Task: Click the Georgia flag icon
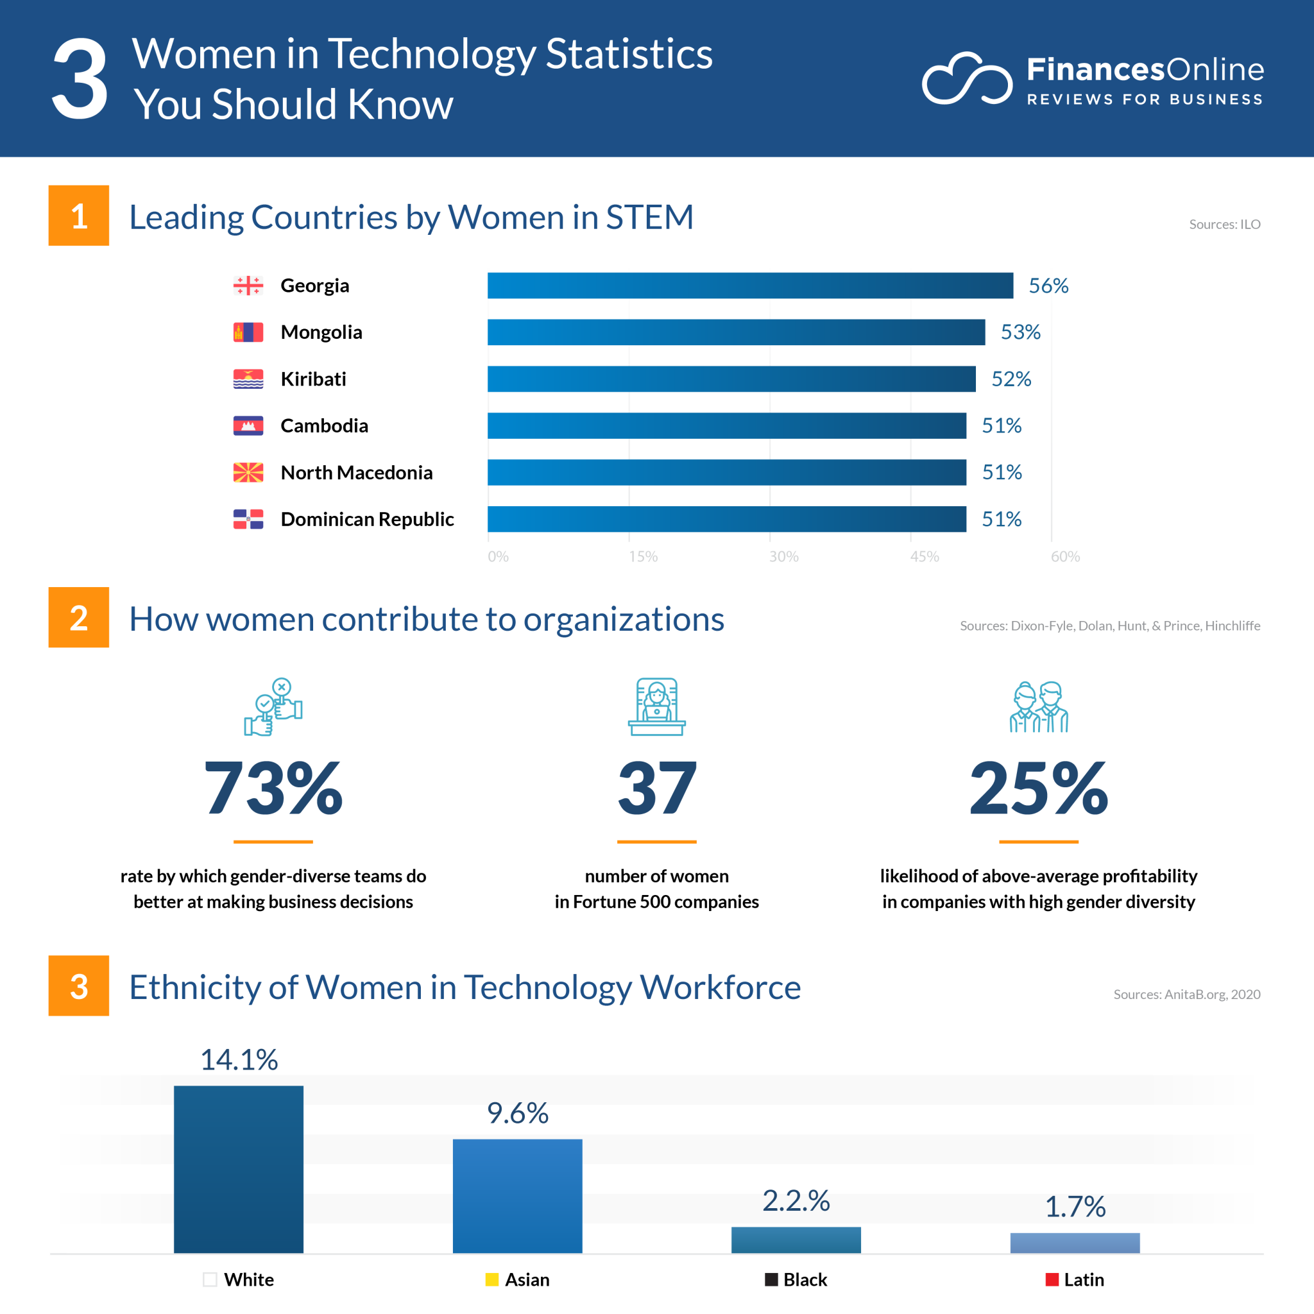pyautogui.click(x=248, y=286)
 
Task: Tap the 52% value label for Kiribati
pyautogui.click(x=1011, y=379)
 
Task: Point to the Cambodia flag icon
pyautogui.click(x=248, y=426)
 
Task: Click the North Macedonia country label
pyautogui.click(x=356, y=473)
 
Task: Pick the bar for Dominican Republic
pyautogui.click(x=726, y=519)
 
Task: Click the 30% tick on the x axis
pyautogui.click(x=783, y=556)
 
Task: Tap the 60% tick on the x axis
pyautogui.click(x=1065, y=556)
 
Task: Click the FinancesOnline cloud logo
pyautogui.click(x=966, y=78)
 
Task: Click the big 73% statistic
pyautogui.click(x=273, y=789)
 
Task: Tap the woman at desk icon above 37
pyautogui.click(x=656, y=706)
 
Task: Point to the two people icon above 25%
pyautogui.click(x=1039, y=706)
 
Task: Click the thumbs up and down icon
pyautogui.click(x=273, y=706)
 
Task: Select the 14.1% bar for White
pyautogui.click(x=239, y=1169)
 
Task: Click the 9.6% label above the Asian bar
pyautogui.click(x=518, y=1113)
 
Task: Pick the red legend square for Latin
pyautogui.click(x=1052, y=1279)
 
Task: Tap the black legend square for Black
pyautogui.click(x=771, y=1279)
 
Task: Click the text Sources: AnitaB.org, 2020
pyautogui.click(x=1186, y=994)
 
